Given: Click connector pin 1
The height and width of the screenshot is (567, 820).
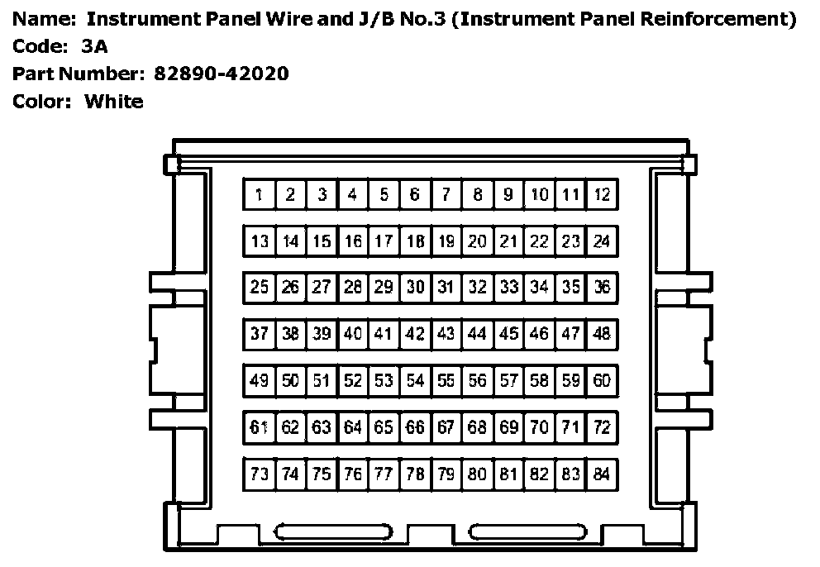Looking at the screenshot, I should (259, 195).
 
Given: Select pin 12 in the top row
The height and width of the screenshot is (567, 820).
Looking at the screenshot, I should (603, 195).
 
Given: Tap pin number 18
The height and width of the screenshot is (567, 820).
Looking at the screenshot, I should (416, 241).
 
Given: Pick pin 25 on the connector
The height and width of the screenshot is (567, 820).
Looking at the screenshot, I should (259, 288).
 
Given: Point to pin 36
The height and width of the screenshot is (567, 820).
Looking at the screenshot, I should (603, 288).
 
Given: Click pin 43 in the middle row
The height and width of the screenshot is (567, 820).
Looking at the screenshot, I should (446, 334).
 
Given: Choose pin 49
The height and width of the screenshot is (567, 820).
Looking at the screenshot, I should (259, 381).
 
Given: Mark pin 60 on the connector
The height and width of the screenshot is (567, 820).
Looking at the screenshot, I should (603, 381).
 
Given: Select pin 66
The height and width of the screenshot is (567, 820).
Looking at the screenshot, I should (416, 427).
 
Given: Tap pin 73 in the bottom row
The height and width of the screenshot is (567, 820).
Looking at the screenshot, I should (259, 474).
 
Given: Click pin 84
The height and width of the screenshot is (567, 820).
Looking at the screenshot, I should (603, 474).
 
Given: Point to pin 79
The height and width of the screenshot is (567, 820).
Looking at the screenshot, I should (446, 474).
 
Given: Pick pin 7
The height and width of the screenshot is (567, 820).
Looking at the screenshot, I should (446, 195).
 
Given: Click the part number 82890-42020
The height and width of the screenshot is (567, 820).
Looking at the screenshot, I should (221, 74).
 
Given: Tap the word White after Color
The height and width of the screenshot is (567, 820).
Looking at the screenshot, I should (114, 102).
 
